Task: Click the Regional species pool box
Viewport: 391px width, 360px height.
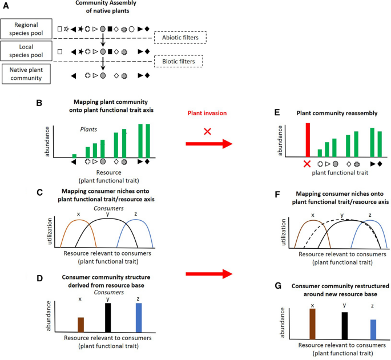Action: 27,28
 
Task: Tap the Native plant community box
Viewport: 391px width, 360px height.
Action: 27,75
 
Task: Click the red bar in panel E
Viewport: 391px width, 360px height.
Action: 308,139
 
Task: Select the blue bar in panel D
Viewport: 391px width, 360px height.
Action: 139,317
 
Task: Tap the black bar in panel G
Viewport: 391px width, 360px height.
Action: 344,325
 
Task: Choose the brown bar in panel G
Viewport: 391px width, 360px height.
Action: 312,323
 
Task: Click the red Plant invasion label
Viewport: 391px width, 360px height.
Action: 208,113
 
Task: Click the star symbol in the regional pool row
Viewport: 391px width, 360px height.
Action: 67,28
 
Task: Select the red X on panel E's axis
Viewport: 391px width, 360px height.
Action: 308,164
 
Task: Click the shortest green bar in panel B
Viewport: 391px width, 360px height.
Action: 74,155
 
